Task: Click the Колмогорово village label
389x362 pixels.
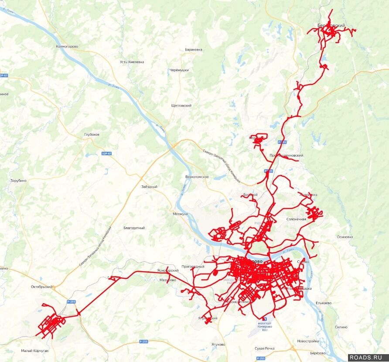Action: [67, 46]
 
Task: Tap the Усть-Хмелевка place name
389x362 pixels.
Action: [132, 62]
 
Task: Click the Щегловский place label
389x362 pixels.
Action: [181, 106]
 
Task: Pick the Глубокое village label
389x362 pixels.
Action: [92, 134]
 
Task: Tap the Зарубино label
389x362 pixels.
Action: [18, 181]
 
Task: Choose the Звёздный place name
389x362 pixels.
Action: [149, 187]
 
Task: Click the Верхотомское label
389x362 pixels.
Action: [197, 177]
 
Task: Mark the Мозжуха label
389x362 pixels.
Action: [180, 214]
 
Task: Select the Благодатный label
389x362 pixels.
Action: [134, 228]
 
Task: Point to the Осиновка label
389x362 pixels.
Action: [345, 237]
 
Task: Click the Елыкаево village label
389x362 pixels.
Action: [324, 303]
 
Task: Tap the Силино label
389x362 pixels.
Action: [341, 327]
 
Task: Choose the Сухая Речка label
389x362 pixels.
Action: [265, 348]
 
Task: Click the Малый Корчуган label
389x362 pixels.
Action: [35, 351]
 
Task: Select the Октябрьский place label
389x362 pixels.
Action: [41, 287]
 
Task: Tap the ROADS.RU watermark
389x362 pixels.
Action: [369, 357]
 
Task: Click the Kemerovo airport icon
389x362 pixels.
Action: [265, 319]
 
